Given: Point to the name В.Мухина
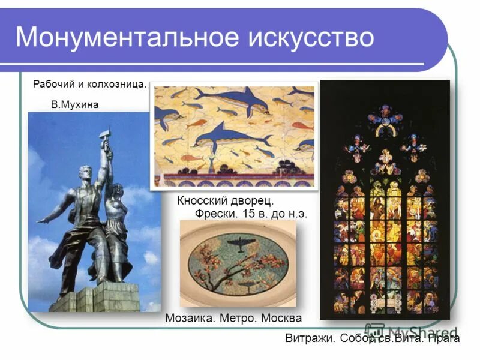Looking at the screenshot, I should coord(74,105).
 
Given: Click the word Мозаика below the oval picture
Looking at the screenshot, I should coord(188,318).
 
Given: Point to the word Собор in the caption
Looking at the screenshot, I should coord(356,339).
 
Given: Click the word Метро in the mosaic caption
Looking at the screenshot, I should coord(236,318).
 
